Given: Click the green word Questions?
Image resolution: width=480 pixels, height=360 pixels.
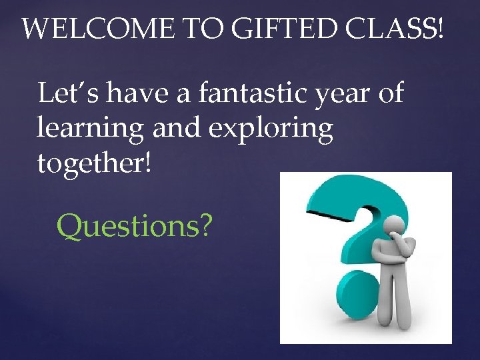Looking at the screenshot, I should [135, 227].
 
